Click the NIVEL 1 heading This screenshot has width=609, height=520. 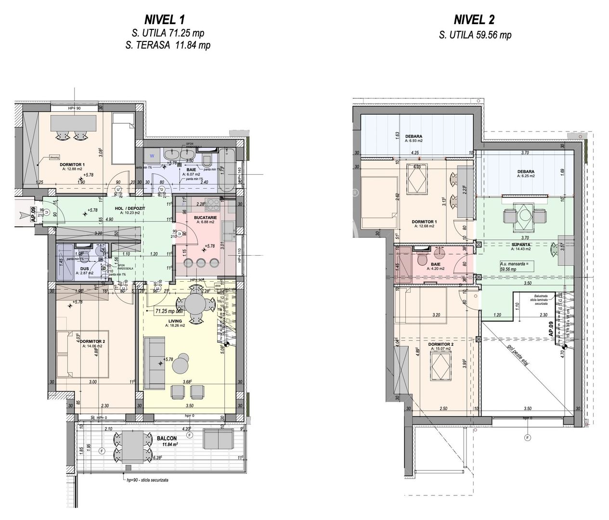pos(164,20)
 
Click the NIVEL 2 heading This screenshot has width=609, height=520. pos(475,20)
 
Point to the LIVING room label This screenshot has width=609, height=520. pos(174,320)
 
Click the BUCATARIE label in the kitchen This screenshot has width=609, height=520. pos(206,218)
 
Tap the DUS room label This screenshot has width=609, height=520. pos(84,269)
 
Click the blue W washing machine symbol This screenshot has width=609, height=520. pos(152,156)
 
